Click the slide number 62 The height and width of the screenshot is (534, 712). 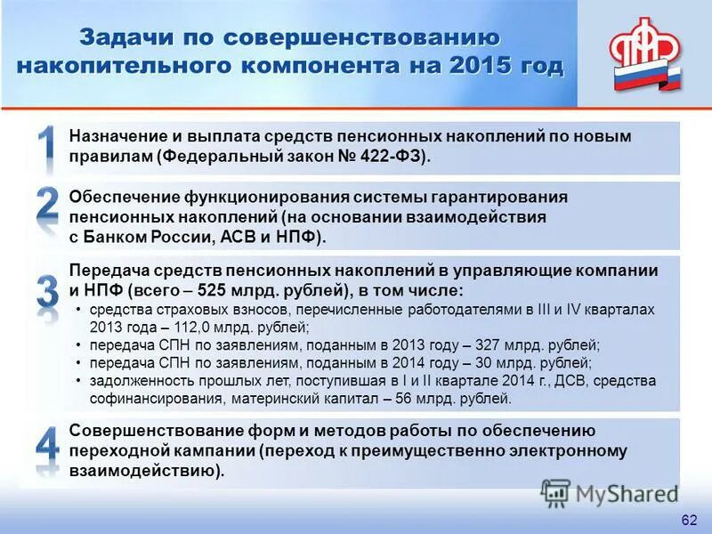(688, 520)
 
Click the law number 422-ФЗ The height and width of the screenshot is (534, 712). (392, 157)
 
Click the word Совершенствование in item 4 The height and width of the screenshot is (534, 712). (150, 431)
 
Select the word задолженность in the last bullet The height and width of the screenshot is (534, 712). (133, 381)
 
